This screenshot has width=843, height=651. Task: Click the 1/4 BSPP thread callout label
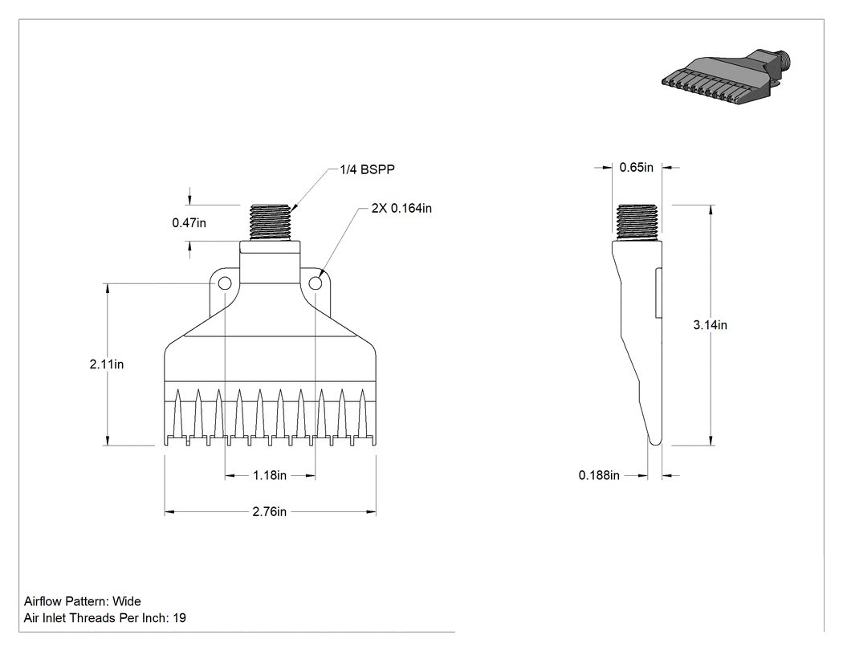pyautogui.click(x=367, y=169)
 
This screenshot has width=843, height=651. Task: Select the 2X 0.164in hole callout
pyautogui.click(x=401, y=208)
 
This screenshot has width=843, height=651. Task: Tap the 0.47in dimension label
pyautogui.click(x=189, y=222)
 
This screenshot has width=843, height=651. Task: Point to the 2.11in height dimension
pyautogui.click(x=107, y=364)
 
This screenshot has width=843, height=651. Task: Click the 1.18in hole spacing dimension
pyautogui.click(x=270, y=475)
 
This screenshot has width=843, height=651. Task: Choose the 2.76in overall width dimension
pyautogui.click(x=269, y=512)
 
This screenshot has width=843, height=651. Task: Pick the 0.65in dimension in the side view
pyautogui.click(x=637, y=167)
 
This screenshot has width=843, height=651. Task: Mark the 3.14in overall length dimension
pyautogui.click(x=711, y=324)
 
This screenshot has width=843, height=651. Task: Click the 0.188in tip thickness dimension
pyautogui.click(x=599, y=475)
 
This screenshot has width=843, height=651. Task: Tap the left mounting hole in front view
pyautogui.click(x=224, y=283)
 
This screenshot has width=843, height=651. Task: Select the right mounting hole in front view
pyautogui.click(x=316, y=283)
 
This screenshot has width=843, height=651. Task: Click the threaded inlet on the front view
pyautogui.click(x=270, y=223)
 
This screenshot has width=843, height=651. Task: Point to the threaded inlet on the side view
pyautogui.click(x=637, y=223)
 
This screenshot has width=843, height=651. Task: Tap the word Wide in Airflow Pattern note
pyautogui.click(x=127, y=601)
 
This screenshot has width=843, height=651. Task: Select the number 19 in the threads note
pyautogui.click(x=180, y=618)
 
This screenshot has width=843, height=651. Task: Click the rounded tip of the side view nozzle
pyautogui.click(x=655, y=441)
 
